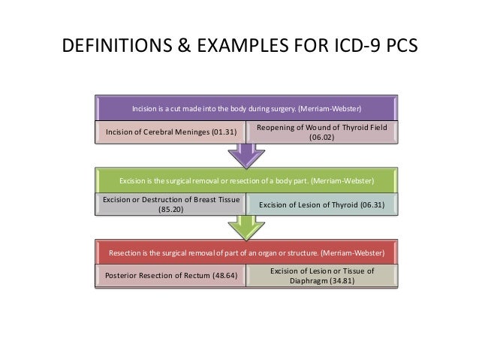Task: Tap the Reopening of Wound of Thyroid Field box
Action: [x=322, y=132]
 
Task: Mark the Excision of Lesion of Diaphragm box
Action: [x=322, y=276]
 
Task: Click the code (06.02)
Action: [x=322, y=138]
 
